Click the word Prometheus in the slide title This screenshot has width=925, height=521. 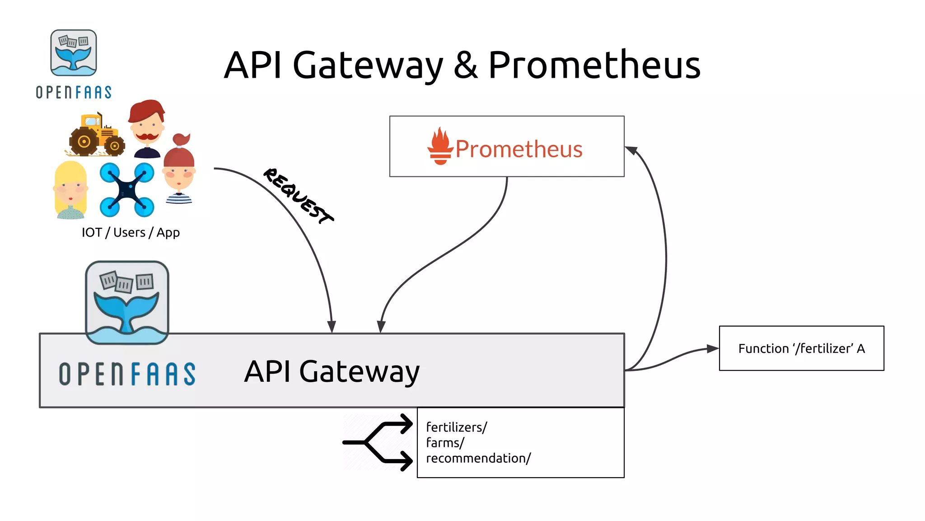point(594,66)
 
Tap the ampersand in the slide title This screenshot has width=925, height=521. point(465,66)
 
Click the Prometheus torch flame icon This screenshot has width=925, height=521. point(440,146)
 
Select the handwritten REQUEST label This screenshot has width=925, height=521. point(298,196)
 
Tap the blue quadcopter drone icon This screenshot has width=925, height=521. point(127,189)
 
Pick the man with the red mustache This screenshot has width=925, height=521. point(146,129)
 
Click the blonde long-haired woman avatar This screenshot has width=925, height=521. point(70,190)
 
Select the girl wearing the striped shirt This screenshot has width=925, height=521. point(179,171)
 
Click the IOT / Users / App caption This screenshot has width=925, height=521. point(131,232)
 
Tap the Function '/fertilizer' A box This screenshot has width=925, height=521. point(801,348)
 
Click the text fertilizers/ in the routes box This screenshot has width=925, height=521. point(456,427)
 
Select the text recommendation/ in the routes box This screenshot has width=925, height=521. point(478,458)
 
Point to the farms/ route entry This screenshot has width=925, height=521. point(445,443)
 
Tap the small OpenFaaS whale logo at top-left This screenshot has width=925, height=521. point(74,53)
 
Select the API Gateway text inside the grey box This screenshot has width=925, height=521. point(332,372)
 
